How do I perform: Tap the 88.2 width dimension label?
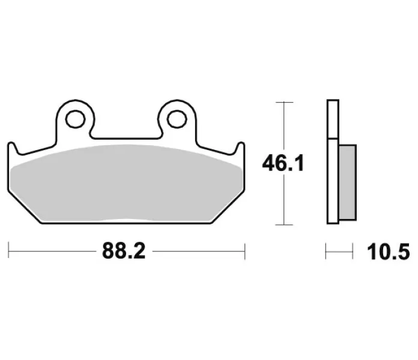point(124,251)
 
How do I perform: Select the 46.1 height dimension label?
point(283,163)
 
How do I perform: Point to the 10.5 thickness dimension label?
point(389,251)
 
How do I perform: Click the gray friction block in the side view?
point(348,182)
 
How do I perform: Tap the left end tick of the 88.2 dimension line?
point(8,250)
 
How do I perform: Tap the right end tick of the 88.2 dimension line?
point(244,251)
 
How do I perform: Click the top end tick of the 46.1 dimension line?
point(285,102)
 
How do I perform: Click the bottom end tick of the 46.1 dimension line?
point(285,225)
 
